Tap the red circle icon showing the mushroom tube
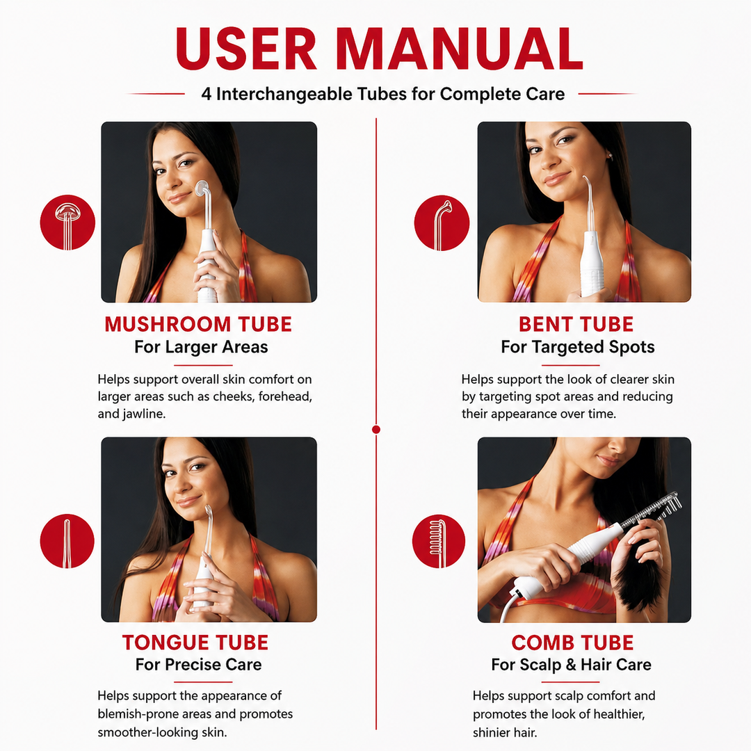tap(67, 223)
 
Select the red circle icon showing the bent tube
tap(442, 223)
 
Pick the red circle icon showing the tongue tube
tap(67, 541)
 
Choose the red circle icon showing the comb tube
tap(439, 541)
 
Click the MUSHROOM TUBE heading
tap(198, 324)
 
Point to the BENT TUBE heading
tap(576, 324)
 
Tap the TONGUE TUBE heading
tap(195, 643)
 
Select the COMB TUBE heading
tap(572, 643)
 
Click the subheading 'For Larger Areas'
tap(201, 347)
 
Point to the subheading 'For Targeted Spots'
tap(578, 347)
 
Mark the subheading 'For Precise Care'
tap(199, 664)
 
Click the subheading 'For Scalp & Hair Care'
tap(572, 665)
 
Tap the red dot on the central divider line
tap(376, 429)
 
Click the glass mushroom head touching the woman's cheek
tap(202, 188)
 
